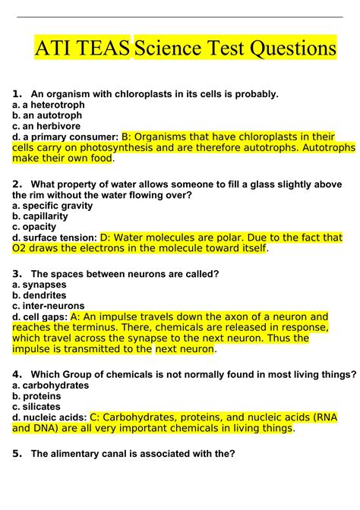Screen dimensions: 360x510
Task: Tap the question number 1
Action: click(x=16, y=94)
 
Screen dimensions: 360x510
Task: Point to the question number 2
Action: click(x=16, y=184)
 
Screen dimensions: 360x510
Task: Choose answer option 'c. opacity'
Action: click(x=35, y=226)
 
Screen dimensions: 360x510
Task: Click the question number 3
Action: click(x=16, y=273)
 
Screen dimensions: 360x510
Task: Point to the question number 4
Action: click(x=16, y=374)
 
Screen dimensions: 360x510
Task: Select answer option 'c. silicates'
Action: click(x=38, y=406)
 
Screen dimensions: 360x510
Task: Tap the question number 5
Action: click(x=16, y=454)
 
